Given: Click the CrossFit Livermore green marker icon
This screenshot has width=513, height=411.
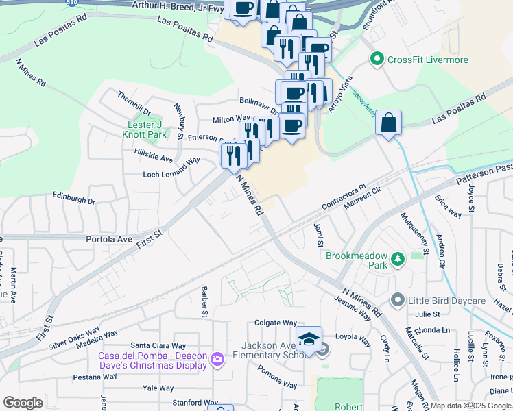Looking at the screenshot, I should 376,60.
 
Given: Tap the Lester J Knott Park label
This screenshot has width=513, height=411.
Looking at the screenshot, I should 147,129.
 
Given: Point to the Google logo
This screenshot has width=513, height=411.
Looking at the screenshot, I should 23,403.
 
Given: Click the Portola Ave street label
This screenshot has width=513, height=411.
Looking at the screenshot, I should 108,239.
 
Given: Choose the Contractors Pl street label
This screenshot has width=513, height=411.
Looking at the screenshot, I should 345,197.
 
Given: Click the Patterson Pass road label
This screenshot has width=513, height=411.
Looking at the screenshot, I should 484,175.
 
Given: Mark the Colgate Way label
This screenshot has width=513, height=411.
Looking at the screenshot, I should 276,323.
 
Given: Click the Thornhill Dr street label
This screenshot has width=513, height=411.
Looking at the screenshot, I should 133,103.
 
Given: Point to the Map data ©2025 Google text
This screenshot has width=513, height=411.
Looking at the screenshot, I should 470,406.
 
